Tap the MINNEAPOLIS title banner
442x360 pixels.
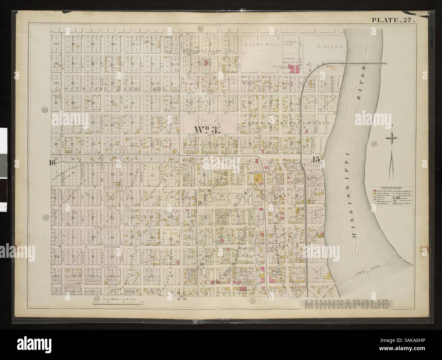[345, 304]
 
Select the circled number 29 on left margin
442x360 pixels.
[44, 109]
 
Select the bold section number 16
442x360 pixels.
[52, 162]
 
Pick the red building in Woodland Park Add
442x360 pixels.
[206, 64]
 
